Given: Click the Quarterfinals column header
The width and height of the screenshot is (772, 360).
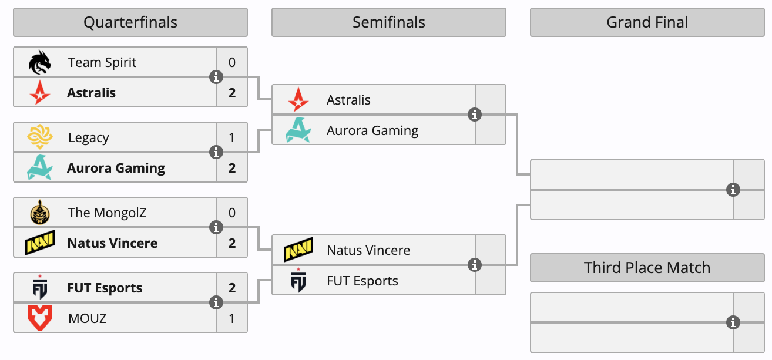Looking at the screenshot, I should point(130,22).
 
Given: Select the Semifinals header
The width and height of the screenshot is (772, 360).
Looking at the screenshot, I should point(388,22).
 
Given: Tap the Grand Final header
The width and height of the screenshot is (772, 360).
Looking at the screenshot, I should point(647,22).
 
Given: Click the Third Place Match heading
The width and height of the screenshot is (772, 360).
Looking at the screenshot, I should point(647,268).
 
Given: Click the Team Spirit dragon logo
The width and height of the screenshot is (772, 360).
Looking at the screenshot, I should point(40,62).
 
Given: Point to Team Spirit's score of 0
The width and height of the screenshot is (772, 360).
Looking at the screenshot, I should point(232,62).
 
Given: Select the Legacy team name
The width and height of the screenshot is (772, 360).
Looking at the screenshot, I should point(88,137).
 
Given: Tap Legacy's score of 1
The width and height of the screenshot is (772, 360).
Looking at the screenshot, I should point(232,137).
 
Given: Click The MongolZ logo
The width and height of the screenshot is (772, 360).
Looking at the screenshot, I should point(40,213).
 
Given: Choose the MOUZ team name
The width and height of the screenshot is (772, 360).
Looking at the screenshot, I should point(87,318).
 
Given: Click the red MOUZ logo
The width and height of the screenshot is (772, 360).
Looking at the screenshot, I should point(40,318).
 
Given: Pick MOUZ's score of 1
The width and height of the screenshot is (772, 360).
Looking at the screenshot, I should point(232,318).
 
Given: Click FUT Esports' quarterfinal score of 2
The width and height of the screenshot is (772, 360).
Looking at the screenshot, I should point(232,288).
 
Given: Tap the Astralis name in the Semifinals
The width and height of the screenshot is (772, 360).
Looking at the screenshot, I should point(348,100).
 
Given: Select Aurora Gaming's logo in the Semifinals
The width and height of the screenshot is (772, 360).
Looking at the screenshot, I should point(298,130).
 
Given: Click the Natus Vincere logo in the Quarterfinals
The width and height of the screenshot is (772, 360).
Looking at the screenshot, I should point(40,243).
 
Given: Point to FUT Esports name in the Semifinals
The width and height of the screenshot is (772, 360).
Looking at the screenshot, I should point(362,281).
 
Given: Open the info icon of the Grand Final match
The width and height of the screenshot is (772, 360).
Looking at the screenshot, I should point(733,190).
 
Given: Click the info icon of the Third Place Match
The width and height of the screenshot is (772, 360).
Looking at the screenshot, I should point(733,322).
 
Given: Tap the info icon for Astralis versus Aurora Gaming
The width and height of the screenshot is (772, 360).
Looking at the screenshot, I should point(475,115).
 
